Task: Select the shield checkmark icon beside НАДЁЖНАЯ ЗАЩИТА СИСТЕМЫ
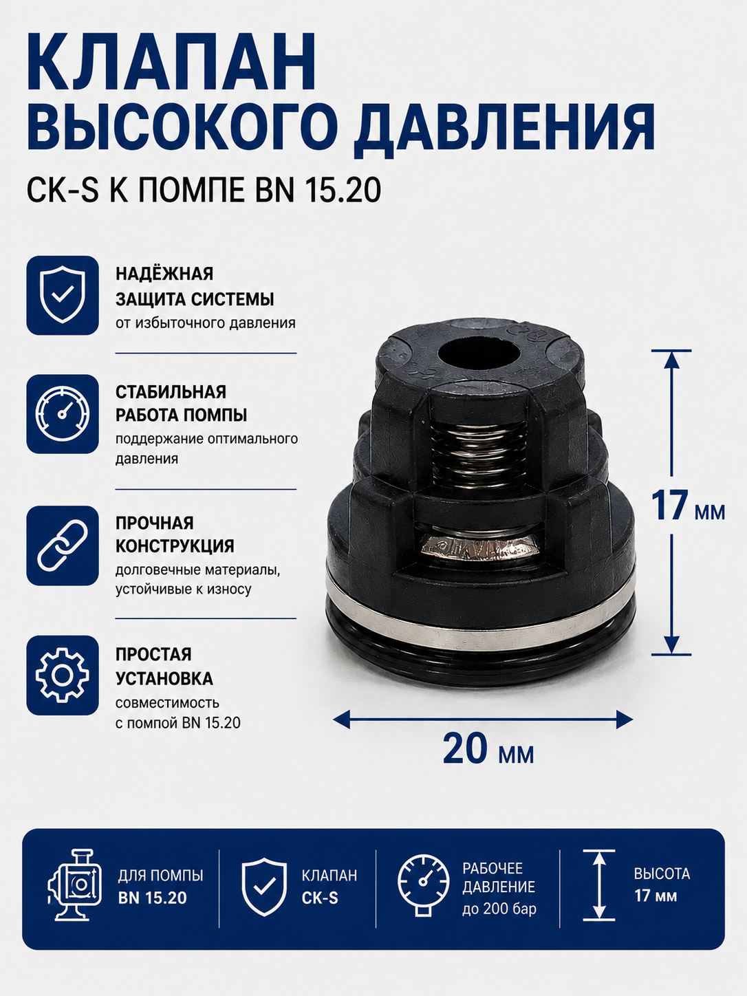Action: coord(63,295)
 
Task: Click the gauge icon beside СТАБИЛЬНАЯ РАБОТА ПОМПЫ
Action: coord(63,414)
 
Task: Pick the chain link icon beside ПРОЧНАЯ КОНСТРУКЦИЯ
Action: coord(63,545)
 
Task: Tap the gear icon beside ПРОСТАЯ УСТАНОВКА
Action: coord(63,675)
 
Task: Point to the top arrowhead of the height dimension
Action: coord(672,359)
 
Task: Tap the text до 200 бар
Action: coord(499,909)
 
